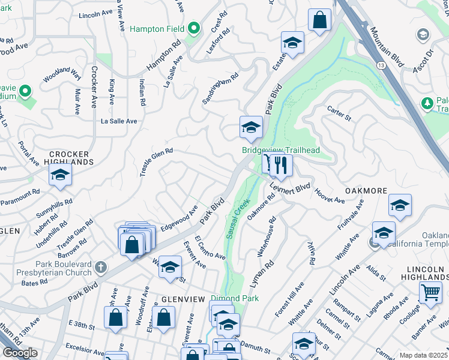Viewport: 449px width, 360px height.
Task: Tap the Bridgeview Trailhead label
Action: click(280, 151)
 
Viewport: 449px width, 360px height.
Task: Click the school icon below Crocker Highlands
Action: click(60, 175)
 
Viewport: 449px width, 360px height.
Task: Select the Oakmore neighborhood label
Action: click(366, 190)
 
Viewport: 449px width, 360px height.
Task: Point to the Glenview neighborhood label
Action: click(184, 299)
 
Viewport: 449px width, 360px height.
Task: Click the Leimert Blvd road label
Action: click(290, 187)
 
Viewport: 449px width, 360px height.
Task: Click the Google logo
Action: click(20, 353)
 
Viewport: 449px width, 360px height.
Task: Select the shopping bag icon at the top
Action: click(320, 20)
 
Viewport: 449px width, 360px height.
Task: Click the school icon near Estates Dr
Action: click(292, 43)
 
